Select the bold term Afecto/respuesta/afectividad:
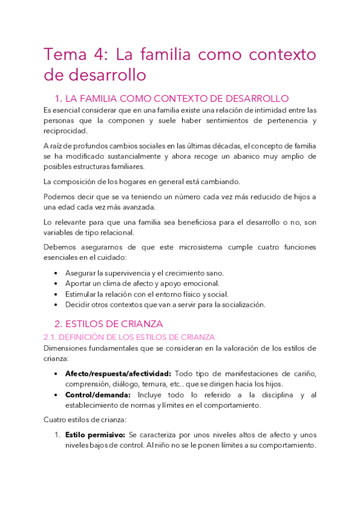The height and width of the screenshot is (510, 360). pos(118,373)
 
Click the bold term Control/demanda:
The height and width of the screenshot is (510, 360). pos(98,395)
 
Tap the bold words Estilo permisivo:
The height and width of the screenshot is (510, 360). pos(95,435)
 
